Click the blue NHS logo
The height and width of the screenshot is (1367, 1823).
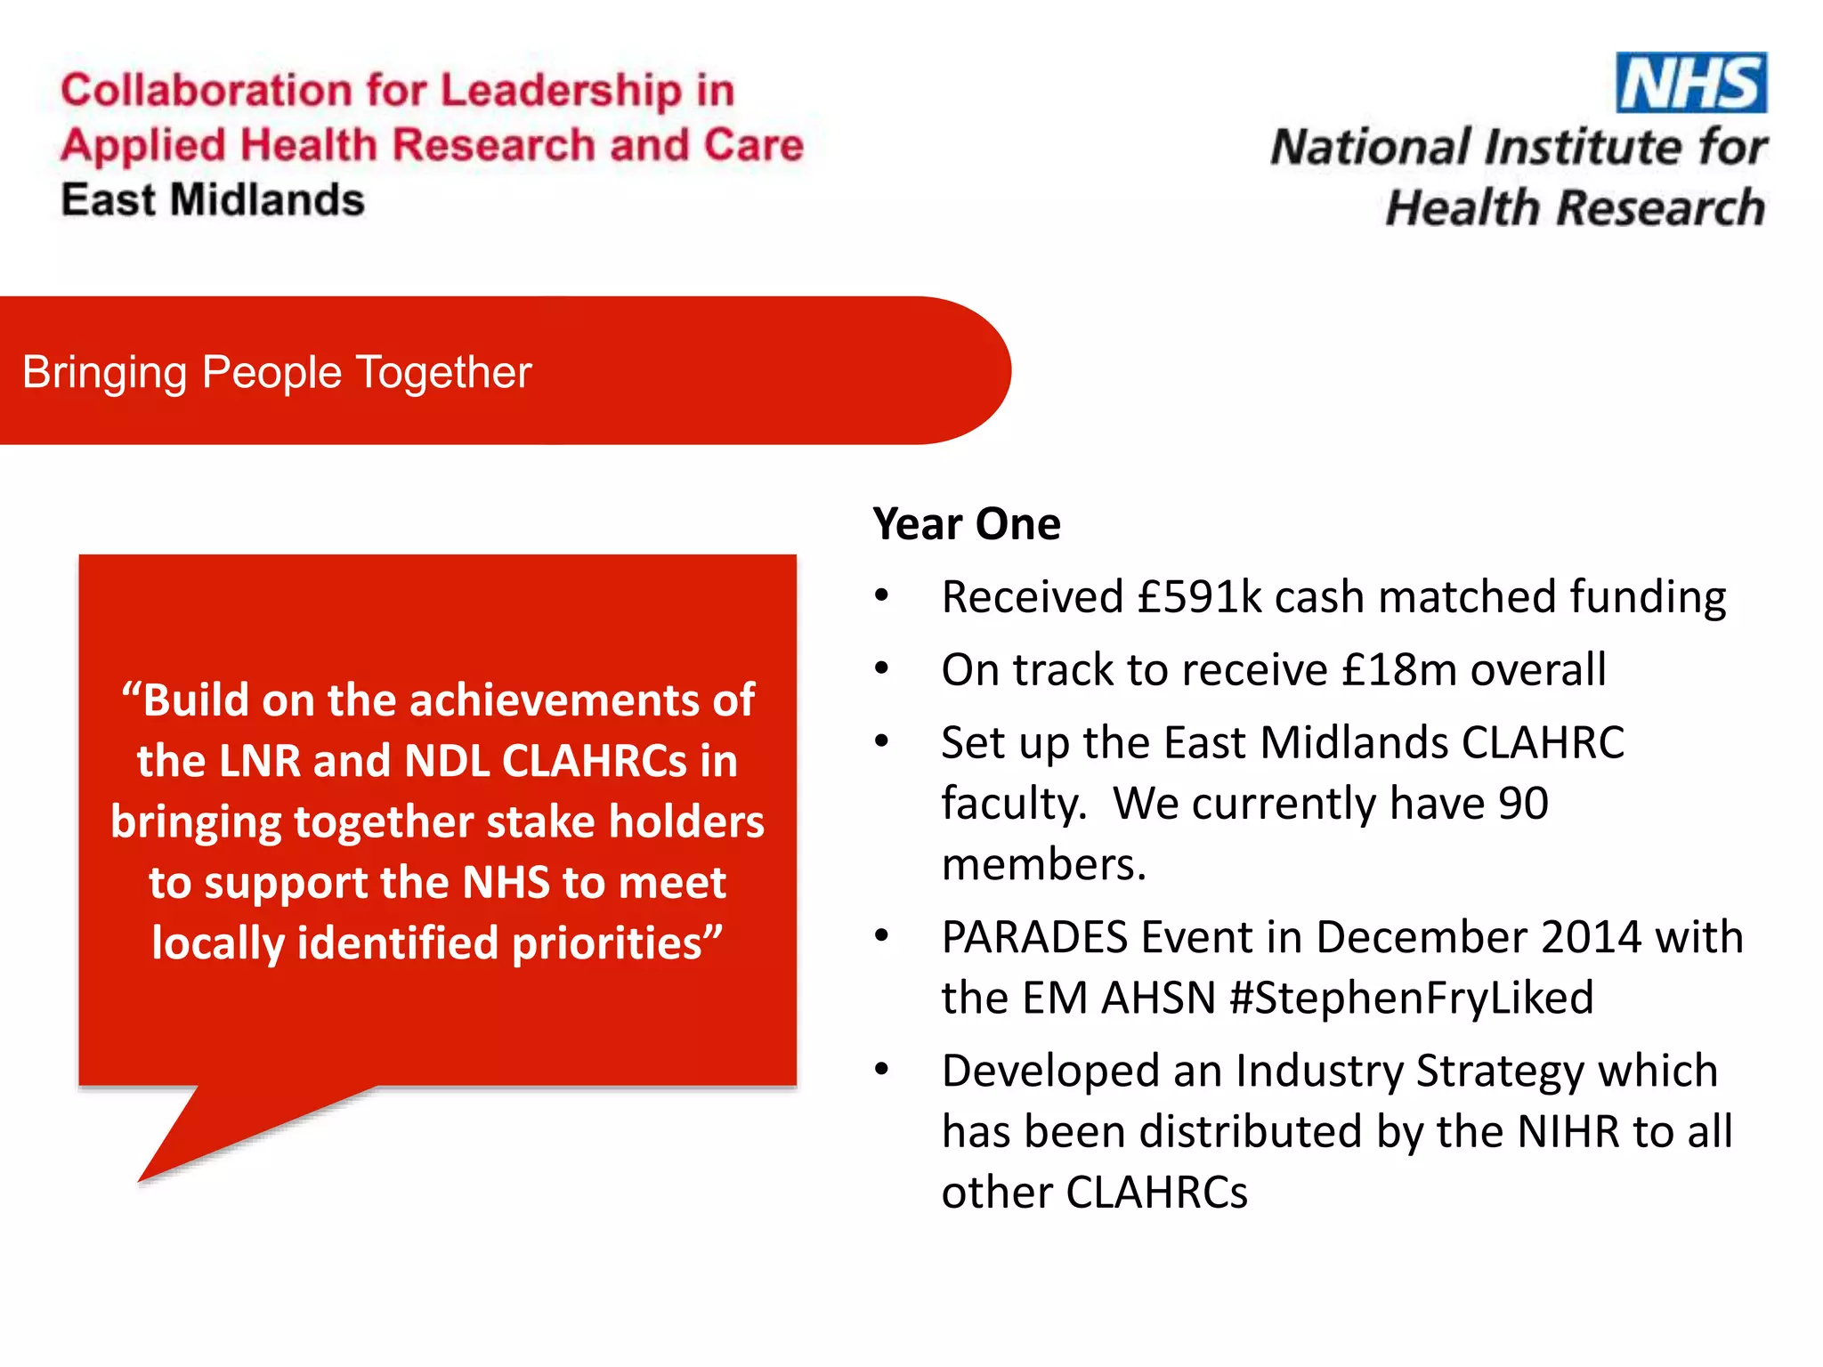(x=1690, y=83)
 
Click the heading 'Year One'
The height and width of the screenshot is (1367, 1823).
(x=967, y=523)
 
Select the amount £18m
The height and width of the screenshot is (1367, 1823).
(x=1398, y=669)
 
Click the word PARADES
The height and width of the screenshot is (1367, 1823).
(x=1035, y=937)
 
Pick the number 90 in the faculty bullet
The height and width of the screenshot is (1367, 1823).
(x=1523, y=804)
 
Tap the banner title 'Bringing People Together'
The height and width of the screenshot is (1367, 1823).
(x=277, y=372)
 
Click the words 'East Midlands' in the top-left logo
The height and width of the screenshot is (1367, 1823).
(x=213, y=199)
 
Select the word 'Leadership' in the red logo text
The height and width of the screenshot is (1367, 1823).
(x=561, y=91)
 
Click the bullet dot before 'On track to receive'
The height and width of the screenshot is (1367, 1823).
(x=881, y=667)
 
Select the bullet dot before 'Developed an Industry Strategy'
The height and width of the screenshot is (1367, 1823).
(x=881, y=1069)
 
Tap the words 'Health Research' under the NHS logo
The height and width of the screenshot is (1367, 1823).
(x=1575, y=207)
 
